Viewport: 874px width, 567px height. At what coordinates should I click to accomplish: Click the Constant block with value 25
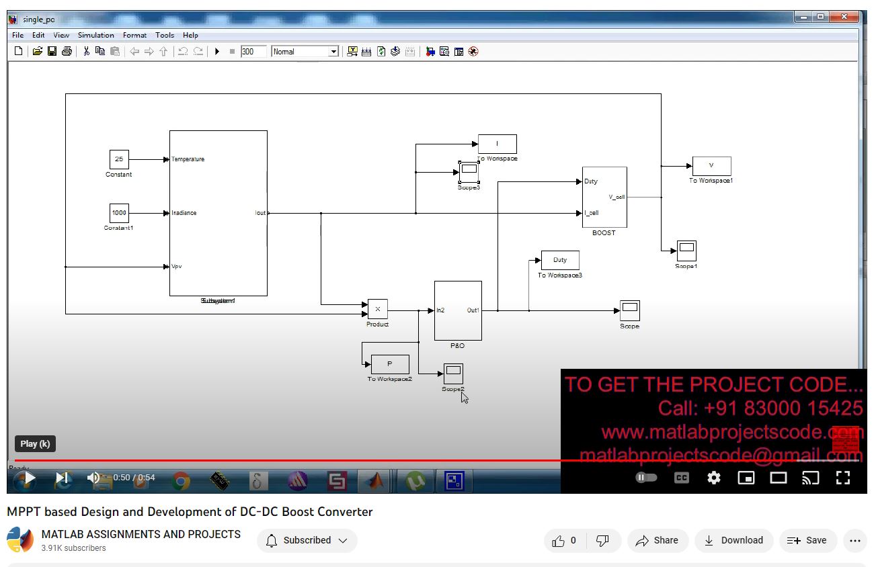pyautogui.click(x=119, y=159)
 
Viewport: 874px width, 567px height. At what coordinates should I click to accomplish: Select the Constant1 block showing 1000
pyautogui.click(x=119, y=213)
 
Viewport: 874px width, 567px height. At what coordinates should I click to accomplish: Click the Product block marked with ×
pyautogui.click(x=377, y=309)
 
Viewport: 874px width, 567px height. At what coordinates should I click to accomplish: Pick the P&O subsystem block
pyautogui.click(x=458, y=310)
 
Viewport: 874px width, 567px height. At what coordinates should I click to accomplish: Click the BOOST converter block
pyautogui.click(x=604, y=197)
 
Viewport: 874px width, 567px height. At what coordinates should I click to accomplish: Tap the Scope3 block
pyautogui.click(x=469, y=171)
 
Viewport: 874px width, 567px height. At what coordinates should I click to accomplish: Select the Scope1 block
pyautogui.click(x=686, y=251)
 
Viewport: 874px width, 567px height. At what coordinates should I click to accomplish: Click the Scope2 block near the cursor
pyautogui.click(x=453, y=374)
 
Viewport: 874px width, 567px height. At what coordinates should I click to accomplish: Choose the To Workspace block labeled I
pyautogui.click(x=498, y=144)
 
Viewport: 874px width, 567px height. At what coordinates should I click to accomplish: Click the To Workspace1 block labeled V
pyautogui.click(x=711, y=166)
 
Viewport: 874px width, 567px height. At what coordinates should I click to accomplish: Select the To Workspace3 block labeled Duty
pyautogui.click(x=560, y=260)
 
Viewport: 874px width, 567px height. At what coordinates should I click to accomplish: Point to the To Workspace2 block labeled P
pyautogui.click(x=390, y=364)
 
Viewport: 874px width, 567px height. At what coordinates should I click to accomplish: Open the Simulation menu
pyautogui.click(x=95, y=35)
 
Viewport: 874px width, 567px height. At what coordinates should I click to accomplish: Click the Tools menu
pyautogui.click(x=165, y=35)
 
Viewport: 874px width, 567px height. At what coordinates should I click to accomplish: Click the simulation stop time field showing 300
pyautogui.click(x=253, y=52)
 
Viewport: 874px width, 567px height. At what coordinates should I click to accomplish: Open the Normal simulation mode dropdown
pyautogui.click(x=305, y=52)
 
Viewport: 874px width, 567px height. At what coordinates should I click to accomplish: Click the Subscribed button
pyautogui.click(x=307, y=540)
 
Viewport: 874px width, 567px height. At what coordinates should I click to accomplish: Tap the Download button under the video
pyautogui.click(x=733, y=540)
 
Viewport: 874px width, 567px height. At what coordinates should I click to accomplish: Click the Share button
pyautogui.click(x=657, y=540)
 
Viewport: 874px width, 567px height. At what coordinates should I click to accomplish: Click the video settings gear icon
pyautogui.click(x=713, y=478)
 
